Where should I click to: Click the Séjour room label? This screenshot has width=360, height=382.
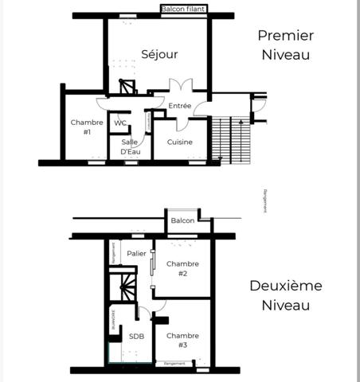pyautogui.click(x=159, y=54)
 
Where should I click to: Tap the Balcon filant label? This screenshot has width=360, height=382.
pyautogui.click(x=184, y=10)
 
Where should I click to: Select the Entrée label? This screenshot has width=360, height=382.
pyautogui.click(x=180, y=106)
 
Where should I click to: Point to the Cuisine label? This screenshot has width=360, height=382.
pyautogui.click(x=179, y=142)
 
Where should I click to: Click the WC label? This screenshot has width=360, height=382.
pyautogui.click(x=119, y=123)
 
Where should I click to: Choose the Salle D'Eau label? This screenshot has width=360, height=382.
pyautogui.click(x=131, y=146)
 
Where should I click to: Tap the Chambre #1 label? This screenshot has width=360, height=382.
pyautogui.click(x=82, y=127)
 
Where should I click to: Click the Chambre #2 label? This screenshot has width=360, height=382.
pyautogui.click(x=182, y=268)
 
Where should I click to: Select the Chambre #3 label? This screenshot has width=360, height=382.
pyautogui.click(x=182, y=340)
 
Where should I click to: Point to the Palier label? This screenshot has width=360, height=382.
pyautogui.click(x=137, y=254)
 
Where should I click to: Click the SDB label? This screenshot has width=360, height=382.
pyautogui.click(x=137, y=337)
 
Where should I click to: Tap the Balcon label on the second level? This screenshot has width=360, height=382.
pyautogui.click(x=182, y=220)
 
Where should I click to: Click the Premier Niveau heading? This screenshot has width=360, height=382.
pyautogui.click(x=284, y=45)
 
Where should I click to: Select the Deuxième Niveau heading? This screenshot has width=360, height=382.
pyautogui.click(x=284, y=294)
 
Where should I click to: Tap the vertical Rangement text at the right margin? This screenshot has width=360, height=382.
pyautogui.click(x=265, y=200)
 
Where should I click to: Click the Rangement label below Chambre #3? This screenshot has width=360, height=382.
pyautogui.click(x=174, y=364)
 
